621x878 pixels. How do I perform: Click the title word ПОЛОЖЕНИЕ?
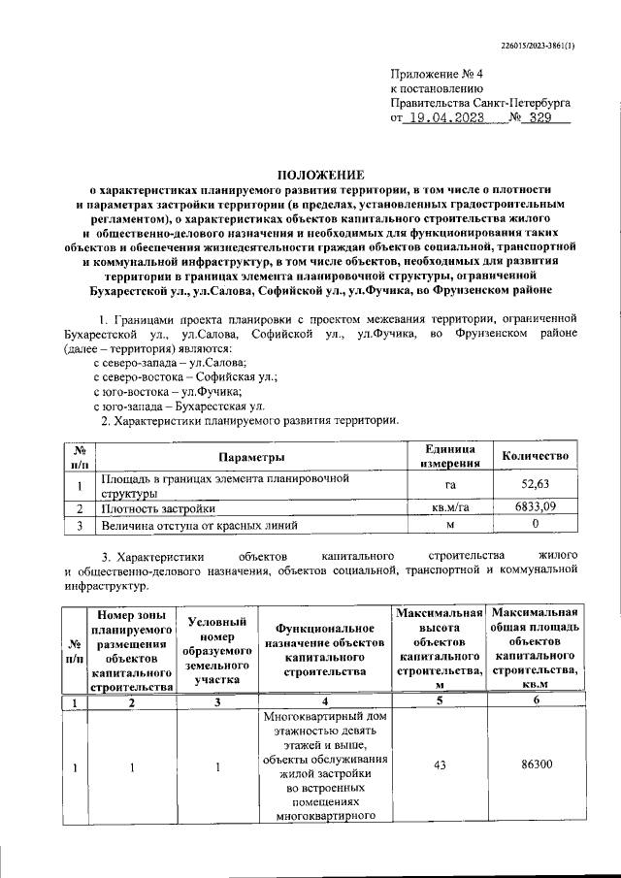tap(320, 174)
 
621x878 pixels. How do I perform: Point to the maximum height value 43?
tap(441, 765)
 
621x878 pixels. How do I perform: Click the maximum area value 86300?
tap(536, 765)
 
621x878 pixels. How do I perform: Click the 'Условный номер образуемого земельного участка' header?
tap(218, 650)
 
